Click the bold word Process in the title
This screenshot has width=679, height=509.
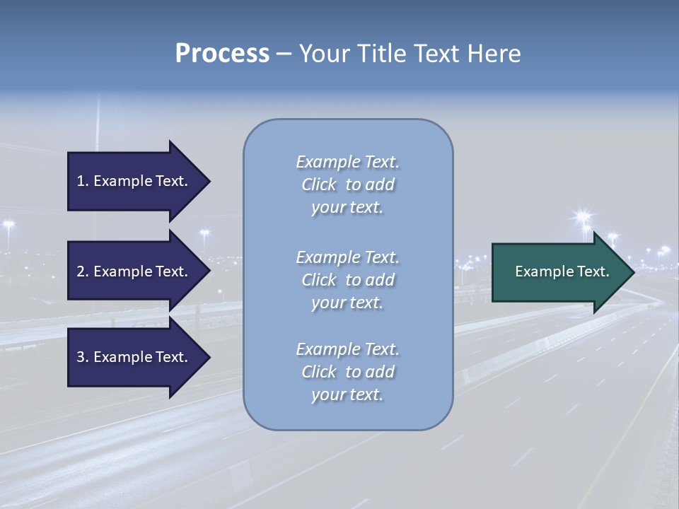222,54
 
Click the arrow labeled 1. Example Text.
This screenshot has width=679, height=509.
134,181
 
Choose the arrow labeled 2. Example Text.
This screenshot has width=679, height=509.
134,271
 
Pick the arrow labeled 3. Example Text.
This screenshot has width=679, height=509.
134,357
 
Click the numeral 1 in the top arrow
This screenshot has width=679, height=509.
81,181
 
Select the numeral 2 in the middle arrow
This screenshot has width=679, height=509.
81,271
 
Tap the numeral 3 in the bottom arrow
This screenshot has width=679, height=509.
81,357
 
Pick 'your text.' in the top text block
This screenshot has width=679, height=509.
347,208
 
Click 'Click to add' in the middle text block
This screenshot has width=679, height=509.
347,280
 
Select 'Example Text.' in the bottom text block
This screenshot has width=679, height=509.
347,349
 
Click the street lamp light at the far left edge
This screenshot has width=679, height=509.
8,224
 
